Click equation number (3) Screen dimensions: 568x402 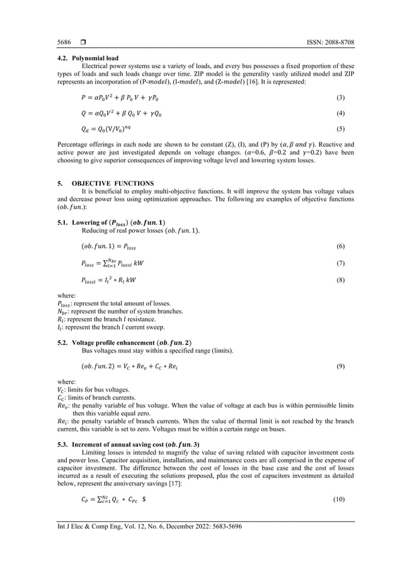pos(340,100)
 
